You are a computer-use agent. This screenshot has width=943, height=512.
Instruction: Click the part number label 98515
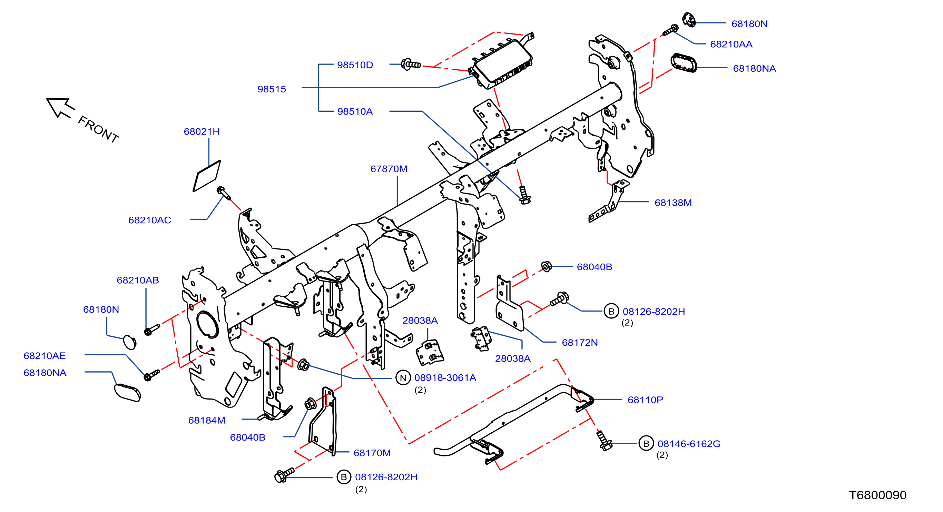[272, 89]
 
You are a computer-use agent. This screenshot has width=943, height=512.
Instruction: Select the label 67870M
[389, 169]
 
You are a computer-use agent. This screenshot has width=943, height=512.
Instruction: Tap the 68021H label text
[202, 131]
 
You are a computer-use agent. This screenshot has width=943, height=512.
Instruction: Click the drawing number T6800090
[877, 495]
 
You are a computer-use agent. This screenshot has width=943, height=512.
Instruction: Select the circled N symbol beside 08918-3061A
[403, 378]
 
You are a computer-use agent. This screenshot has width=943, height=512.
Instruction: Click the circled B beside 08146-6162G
[646, 444]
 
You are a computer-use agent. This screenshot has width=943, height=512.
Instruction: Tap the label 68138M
[673, 203]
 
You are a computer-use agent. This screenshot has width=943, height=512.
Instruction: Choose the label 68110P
[645, 400]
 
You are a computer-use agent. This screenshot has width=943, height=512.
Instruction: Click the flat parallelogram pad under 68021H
[207, 176]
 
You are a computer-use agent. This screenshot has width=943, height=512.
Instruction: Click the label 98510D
[355, 65]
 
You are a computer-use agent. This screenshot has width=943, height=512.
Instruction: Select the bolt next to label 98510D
[411, 65]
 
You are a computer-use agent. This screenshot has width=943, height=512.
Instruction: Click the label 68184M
[207, 420]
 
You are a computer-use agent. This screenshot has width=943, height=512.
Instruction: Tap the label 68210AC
[150, 220]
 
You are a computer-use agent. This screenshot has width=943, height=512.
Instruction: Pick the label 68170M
[372, 453]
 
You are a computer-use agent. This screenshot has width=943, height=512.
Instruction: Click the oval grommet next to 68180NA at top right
[684, 63]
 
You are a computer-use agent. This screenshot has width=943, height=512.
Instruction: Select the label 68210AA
[731, 44]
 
